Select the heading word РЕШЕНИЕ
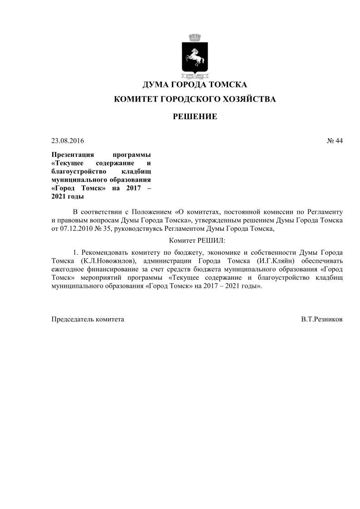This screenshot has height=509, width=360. click(x=195, y=117)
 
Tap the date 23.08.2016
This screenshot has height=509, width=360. click(x=68, y=141)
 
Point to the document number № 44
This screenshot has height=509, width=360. click(x=335, y=141)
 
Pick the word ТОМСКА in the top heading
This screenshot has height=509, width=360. click(x=228, y=85)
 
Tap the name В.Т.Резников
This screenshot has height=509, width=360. click(x=321, y=319)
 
